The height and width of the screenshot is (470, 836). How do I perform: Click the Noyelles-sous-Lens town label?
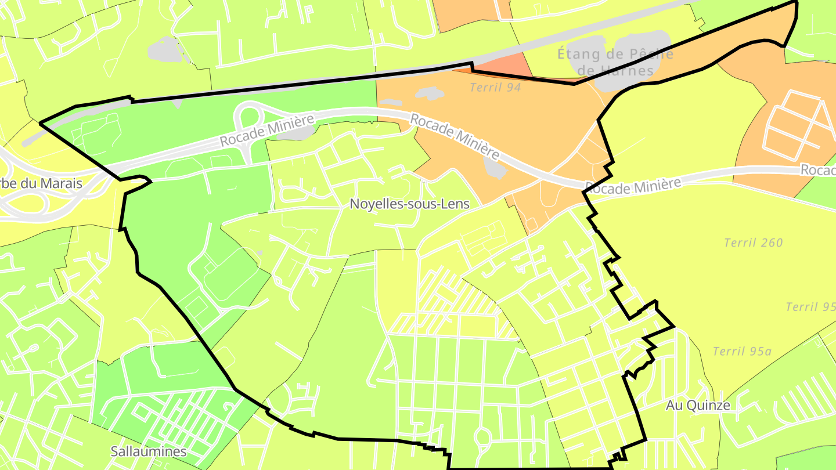click(x=410, y=204)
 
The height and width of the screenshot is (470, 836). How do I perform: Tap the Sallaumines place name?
click(x=149, y=451)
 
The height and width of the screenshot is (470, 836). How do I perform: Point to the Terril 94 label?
click(x=495, y=88)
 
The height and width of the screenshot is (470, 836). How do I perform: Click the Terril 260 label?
click(x=754, y=243)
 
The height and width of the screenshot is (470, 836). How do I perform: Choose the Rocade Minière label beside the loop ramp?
click(x=266, y=130)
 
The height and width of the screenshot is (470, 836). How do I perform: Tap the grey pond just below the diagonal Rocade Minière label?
click(x=495, y=168)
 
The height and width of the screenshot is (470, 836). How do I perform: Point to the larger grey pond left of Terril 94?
click(x=429, y=93)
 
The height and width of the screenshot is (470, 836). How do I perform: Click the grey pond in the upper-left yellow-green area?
click(x=168, y=50)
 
